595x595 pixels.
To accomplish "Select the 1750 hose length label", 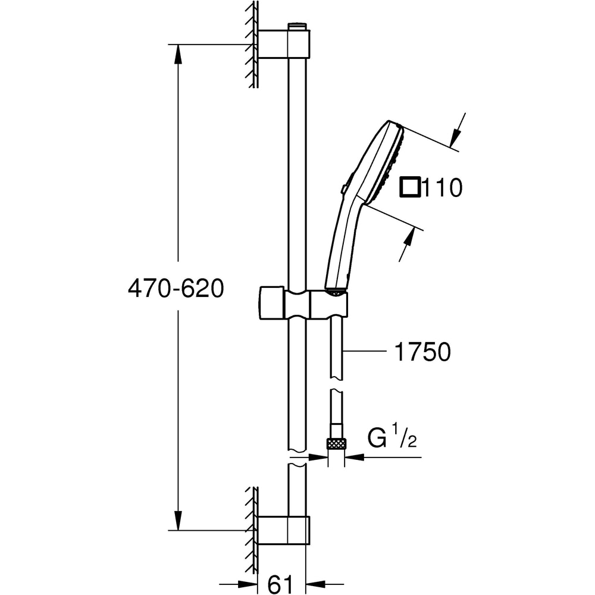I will click(423, 353).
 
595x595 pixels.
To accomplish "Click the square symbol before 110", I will click(410, 188).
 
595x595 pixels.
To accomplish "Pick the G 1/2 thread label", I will click(391, 439).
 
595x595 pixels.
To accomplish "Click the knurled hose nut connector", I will click(336, 443).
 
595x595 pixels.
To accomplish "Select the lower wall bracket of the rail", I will click(283, 530).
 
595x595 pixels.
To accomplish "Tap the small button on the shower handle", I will click(344, 189).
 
